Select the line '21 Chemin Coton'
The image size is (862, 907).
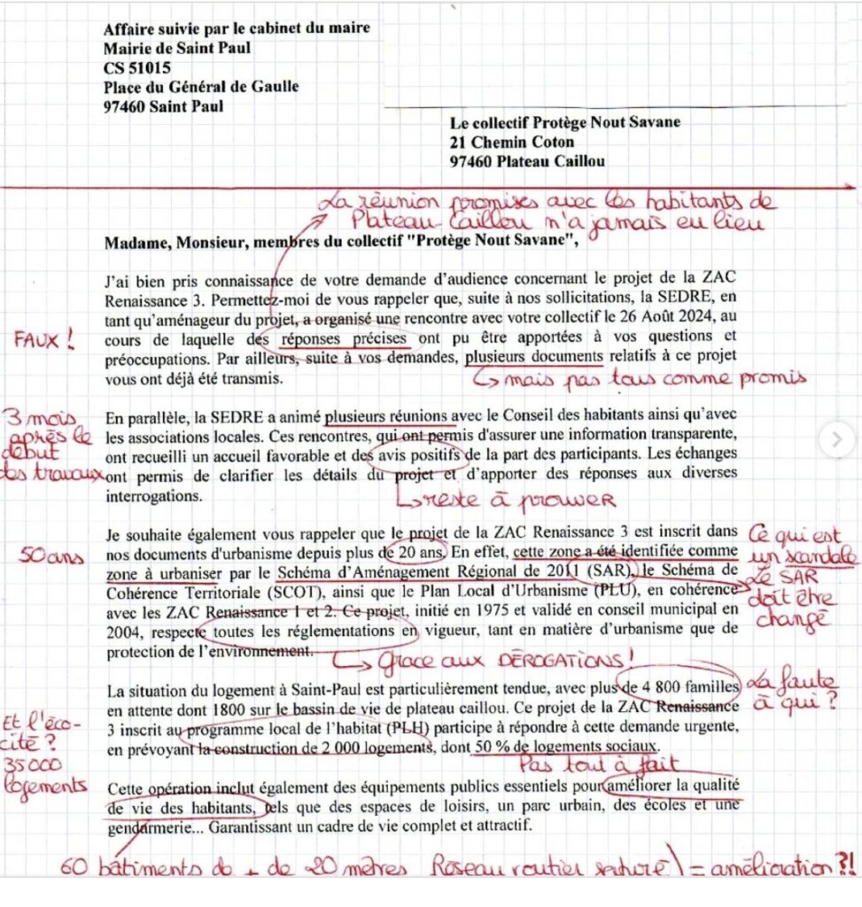click(511, 142)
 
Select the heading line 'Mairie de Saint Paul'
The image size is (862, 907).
click(176, 48)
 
